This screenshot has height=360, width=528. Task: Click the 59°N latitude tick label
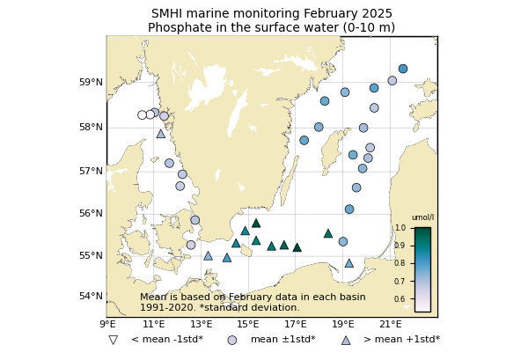coord(92,83)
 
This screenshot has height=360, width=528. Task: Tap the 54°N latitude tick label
coord(92,296)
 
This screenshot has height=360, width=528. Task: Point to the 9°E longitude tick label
coord(107,325)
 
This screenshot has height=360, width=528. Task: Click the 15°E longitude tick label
coord(248,325)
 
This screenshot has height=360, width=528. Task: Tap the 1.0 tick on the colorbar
coord(400,228)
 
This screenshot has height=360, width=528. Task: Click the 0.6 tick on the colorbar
coord(400,299)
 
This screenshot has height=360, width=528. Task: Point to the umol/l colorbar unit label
coord(422,217)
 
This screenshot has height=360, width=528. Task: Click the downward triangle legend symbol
coord(113,340)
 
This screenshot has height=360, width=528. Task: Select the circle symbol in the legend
coord(232,340)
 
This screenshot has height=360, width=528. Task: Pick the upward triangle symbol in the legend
coord(345,340)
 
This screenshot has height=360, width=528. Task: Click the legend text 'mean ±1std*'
coord(282,340)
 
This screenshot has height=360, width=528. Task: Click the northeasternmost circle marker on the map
coord(403,69)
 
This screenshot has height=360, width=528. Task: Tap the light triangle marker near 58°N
coord(160,134)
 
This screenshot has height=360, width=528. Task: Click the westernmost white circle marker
coord(142,115)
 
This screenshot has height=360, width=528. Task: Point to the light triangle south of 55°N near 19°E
coord(348,263)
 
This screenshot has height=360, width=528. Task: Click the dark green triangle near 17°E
coord(297,247)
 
